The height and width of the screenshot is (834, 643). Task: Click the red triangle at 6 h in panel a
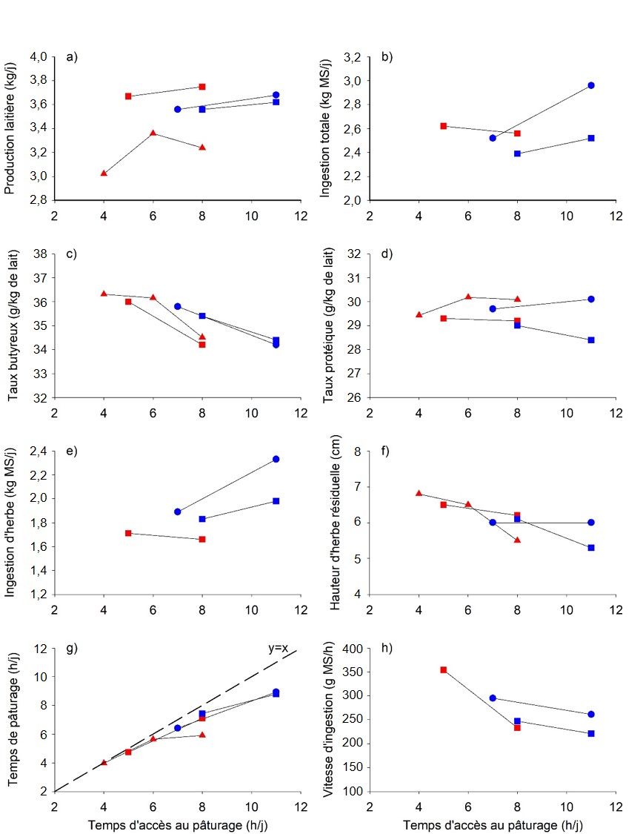pos(153,133)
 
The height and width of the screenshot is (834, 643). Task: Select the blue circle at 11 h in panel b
pos(591,85)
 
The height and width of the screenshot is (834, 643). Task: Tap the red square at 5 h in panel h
pos(443,669)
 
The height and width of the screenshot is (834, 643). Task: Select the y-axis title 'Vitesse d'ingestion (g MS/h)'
pos(327,719)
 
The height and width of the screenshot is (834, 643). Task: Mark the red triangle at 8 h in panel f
pos(517,540)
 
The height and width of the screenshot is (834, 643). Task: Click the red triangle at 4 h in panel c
pos(104,294)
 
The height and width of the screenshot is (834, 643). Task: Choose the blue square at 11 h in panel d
pos(591,340)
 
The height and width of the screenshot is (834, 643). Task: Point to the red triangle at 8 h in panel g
pos(202,735)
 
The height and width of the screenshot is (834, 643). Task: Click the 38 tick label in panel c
pos(39,254)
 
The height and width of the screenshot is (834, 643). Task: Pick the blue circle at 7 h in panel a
pos(177,109)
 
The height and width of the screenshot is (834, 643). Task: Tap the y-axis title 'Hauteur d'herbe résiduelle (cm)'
pos(327,523)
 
